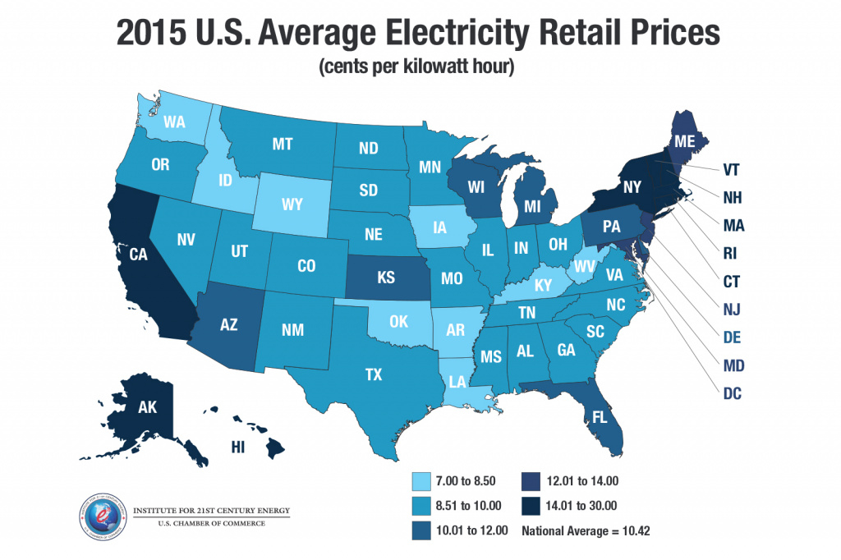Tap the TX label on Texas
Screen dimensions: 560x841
coord(374,375)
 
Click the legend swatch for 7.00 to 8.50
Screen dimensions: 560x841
coord(423,480)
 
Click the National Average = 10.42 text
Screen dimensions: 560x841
coord(586,530)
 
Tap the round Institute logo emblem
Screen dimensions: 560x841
coord(103,517)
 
